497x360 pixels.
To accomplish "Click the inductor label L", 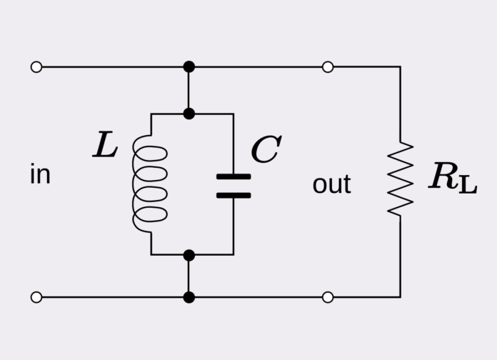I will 105,146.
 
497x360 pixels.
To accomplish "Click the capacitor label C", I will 266,150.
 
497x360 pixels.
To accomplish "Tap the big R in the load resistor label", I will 443,176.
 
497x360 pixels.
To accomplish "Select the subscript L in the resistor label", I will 467,184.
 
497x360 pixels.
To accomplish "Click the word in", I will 40,175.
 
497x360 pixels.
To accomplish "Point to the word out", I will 331,184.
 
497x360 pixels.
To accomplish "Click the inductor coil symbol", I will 151,184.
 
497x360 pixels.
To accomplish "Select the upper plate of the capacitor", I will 234,176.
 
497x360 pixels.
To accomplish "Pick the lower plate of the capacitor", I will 234,194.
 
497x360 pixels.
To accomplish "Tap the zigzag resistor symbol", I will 400,179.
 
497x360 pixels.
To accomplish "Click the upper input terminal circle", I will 36,66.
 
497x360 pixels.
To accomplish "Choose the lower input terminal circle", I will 36,297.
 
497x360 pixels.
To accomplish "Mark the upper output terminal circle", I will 328,66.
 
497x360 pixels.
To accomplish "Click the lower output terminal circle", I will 328,297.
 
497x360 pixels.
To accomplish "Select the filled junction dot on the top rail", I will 189,66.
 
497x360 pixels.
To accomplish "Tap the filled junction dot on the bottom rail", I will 189,297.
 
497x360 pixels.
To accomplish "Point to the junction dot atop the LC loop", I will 189,114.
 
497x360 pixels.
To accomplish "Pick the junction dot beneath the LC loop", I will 189,254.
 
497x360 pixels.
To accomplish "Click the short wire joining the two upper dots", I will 189,90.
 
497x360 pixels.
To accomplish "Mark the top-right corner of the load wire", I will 400,67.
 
